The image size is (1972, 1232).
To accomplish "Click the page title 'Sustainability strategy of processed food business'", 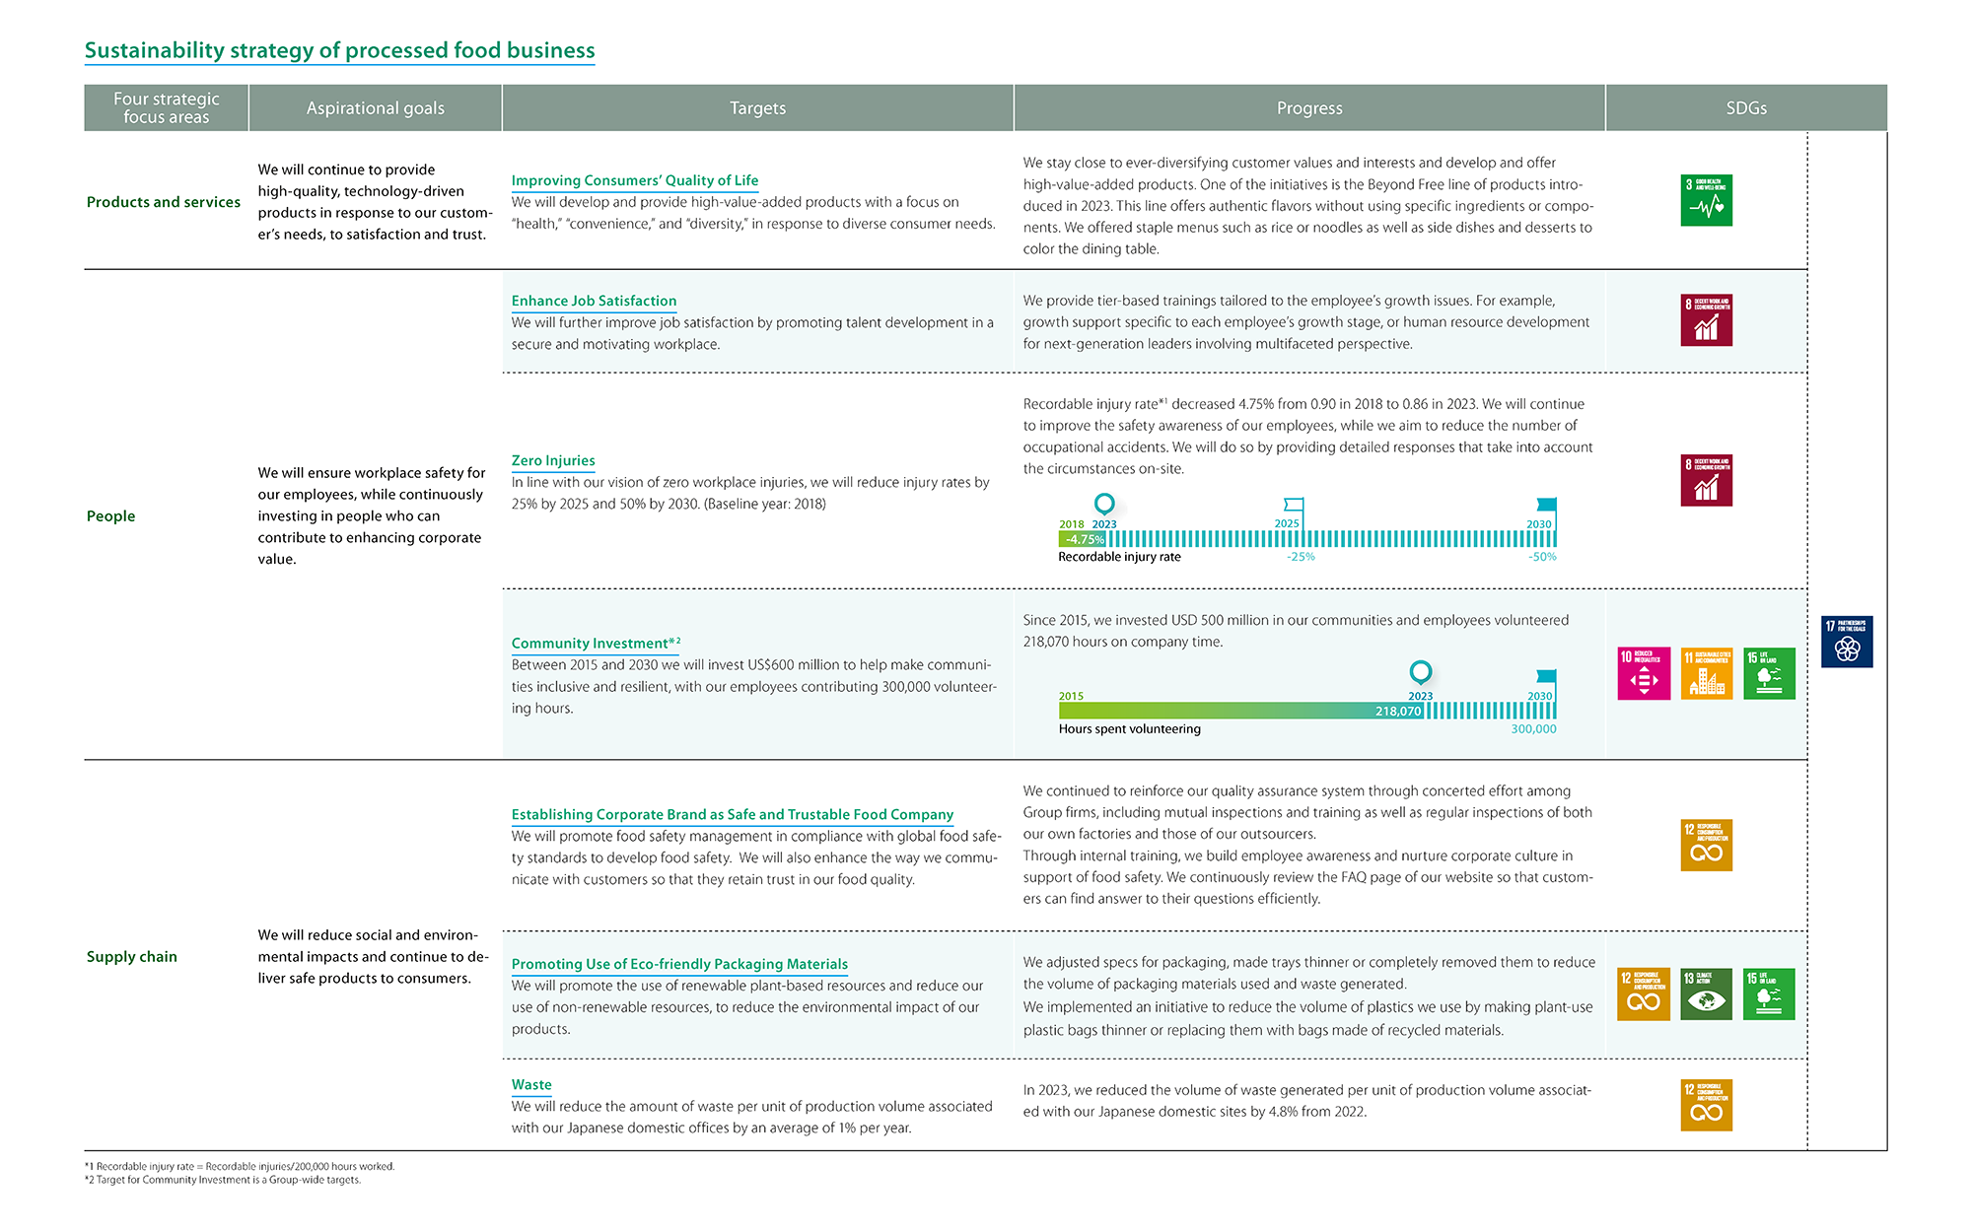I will tap(339, 50).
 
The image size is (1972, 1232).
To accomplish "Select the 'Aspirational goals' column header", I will tap(375, 108).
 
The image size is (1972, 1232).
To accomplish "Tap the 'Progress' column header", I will tap(1308, 108).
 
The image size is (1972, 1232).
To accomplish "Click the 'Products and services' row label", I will tap(164, 202).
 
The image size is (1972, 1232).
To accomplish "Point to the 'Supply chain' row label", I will tap(132, 956).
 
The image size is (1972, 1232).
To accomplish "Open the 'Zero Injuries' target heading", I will tap(553, 460).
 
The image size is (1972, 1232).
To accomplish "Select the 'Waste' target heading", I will tap(531, 1084).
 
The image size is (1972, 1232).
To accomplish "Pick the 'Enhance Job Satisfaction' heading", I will tap(594, 301).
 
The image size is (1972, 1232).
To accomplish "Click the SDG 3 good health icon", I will tap(1706, 200).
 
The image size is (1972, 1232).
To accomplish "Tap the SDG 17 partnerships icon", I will tap(1847, 642).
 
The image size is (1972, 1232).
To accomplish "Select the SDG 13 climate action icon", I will tap(1706, 993).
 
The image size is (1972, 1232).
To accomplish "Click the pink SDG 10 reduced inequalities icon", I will tap(1644, 673).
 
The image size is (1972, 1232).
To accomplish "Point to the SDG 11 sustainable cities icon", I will tap(1706, 673).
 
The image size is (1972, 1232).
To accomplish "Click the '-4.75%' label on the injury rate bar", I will tap(1084, 539).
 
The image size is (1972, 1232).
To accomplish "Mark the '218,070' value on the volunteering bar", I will tap(1398, 711).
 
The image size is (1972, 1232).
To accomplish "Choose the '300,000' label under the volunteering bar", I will tap(1533, 729).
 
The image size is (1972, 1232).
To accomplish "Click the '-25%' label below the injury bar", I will tap(1301, 557).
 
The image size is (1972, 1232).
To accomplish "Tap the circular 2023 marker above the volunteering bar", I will tap(1420, 672).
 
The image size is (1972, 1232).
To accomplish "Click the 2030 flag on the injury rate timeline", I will tap(1546, 505).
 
